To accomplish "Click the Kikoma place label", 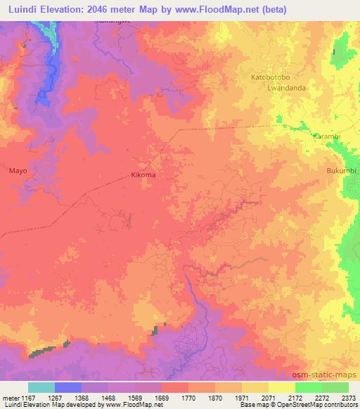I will (143, 175).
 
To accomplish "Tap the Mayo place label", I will (18, 170).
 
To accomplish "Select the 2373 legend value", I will (348, 398).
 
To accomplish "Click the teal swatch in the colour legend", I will (41, 387).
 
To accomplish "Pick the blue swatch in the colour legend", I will (68, 387).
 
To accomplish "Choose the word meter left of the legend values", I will (9, 398).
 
